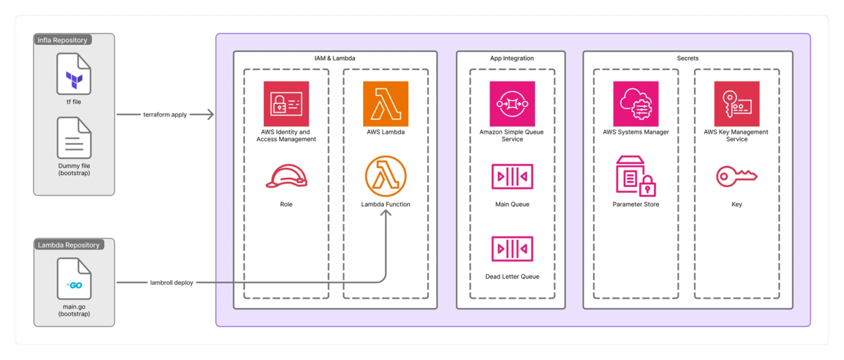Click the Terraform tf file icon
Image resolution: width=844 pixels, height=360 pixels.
click(74, 77)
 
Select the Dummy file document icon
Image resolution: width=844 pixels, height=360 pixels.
click(74, 138)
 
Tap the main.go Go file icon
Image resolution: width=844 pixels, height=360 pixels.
click(74, 278)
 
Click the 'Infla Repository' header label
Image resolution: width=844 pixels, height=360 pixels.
click(63, 39)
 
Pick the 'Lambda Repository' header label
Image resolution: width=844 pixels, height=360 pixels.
click(68, 245)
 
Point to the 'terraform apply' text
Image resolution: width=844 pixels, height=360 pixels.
click(165, 114)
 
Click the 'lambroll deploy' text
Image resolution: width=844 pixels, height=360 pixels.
click(172, 283)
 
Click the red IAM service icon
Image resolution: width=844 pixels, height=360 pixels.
click(286, 103)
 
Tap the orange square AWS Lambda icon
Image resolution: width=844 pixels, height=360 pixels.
click(385, 103)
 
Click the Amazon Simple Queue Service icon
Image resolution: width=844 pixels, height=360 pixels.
click(512, 103)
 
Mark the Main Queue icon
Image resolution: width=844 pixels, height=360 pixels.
click(512, 176)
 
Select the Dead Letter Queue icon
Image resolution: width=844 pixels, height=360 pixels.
click(512, 249)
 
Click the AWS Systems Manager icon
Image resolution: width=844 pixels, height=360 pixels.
click(636, 103)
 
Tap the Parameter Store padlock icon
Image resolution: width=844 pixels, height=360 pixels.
click(636, 176)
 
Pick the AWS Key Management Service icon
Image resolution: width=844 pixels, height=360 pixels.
click(736, 103)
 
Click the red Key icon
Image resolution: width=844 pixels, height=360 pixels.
click(736, 176)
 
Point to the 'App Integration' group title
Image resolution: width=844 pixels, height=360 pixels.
click(512, 58)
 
